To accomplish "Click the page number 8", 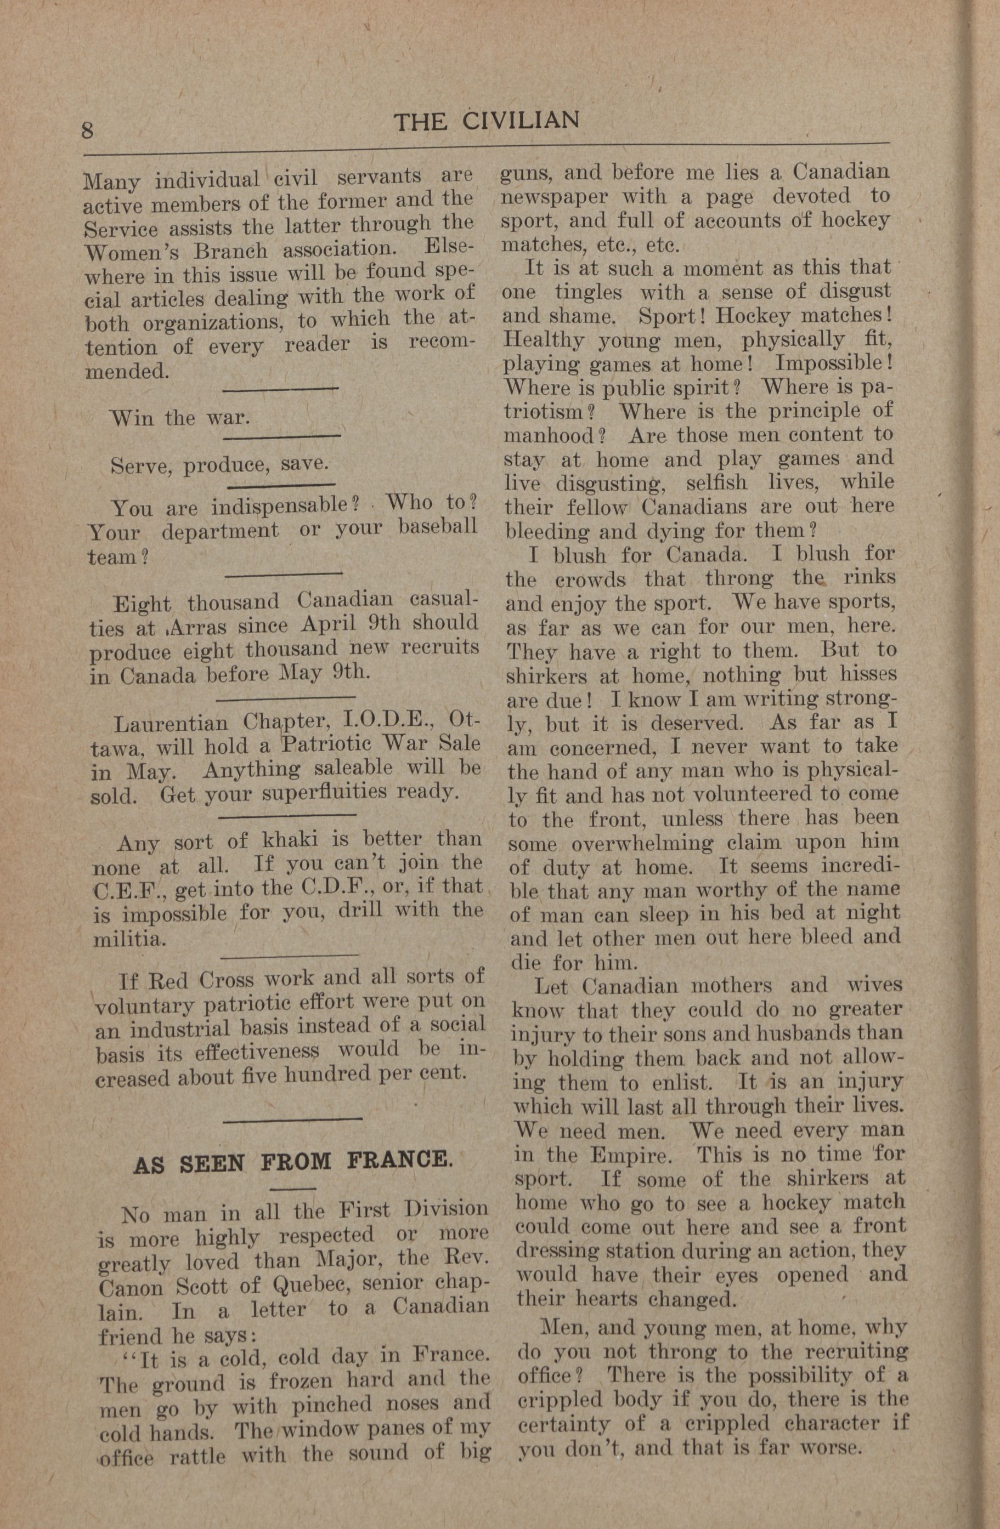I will (87, 130).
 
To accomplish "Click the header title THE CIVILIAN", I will (487, 121).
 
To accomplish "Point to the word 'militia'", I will (128, 939).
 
